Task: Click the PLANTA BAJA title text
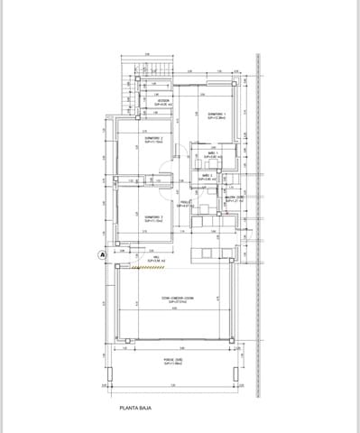coord(140,408)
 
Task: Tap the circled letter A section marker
coord(102,255)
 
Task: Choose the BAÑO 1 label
coord(208,156)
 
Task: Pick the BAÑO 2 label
coord(208,178)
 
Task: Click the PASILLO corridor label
coord(185,204)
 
